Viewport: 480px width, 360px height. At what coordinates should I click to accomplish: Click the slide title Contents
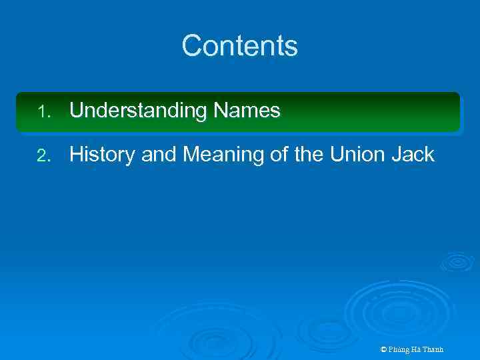coord(239,46)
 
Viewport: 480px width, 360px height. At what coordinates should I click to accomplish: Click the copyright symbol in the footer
coord(383,349)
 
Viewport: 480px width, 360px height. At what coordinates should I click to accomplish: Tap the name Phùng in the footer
coord(400,349)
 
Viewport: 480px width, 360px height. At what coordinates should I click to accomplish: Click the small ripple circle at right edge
coord(457,261)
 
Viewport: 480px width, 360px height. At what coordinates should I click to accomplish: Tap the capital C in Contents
coord(191,46)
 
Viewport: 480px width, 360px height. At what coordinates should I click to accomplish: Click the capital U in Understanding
coord(75,111)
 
